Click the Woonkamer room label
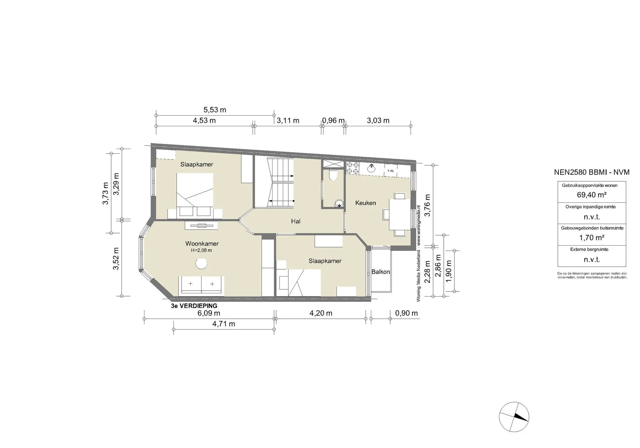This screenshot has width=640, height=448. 202,244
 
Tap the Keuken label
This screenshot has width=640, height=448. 366,203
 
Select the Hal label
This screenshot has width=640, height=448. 296,221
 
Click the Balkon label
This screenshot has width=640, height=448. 381,272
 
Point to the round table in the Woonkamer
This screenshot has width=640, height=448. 201,263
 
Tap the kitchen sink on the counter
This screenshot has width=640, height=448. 372,168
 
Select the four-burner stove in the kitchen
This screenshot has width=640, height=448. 352,168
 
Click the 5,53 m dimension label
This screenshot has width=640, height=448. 215,110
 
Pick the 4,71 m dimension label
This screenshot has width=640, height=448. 224,324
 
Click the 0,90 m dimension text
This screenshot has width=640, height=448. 407,313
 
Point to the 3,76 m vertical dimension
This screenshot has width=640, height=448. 427,205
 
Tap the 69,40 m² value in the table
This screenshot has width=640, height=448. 592,195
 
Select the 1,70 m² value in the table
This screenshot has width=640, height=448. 592,238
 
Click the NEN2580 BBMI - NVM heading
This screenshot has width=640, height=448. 592,172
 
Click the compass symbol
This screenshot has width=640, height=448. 514,417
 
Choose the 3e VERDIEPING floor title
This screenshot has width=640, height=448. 194,306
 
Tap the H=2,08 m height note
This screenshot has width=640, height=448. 202,250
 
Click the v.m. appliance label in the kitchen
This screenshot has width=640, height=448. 391,171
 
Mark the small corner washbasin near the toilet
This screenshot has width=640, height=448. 339,204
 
